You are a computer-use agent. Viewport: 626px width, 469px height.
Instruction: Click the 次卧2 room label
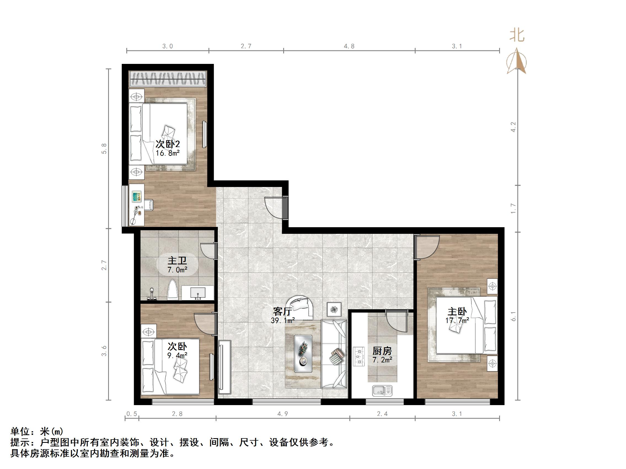(168, 144)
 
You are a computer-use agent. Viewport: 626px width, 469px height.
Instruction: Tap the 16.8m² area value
(168, 153)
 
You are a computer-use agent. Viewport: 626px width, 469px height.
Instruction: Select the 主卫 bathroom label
(177, 261)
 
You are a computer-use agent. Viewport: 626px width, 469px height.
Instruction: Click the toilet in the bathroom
(172, 290)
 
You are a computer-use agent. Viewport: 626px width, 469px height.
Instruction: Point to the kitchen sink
(382, 391)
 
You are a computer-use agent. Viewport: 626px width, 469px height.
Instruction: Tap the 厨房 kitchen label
(382, 351)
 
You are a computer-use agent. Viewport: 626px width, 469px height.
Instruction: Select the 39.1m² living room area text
(283, 320)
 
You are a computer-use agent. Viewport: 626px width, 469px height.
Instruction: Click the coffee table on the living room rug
(303, 353)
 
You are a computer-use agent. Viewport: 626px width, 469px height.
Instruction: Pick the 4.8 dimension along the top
(349, 46)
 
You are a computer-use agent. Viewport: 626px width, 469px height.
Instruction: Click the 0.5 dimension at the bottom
(132, 414)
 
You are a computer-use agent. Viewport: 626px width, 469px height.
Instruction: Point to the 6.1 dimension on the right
(514, 316)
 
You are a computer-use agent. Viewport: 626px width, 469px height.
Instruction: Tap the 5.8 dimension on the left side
(104, 149)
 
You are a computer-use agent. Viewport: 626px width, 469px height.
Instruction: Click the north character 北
(517, 36)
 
